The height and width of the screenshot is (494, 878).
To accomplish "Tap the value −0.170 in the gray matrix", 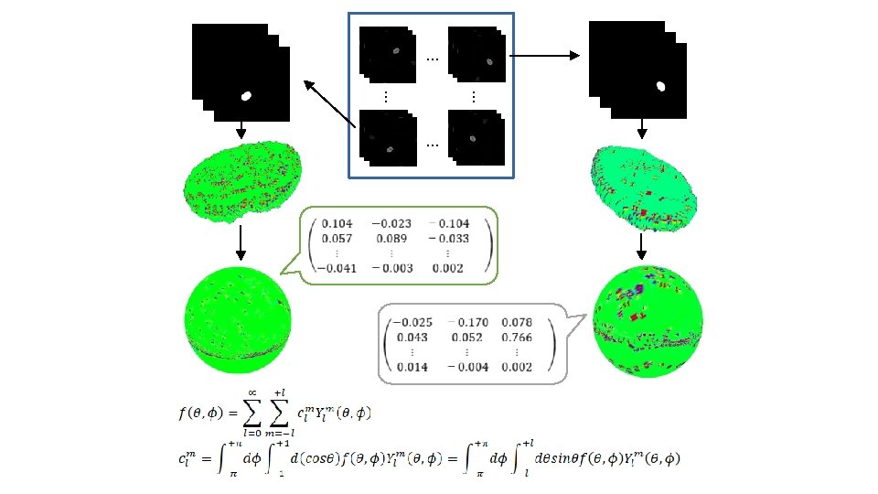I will (x=467, y=322).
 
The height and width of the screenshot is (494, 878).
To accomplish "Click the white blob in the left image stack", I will (x=245, y=95).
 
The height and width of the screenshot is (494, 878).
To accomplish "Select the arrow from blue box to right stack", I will (x=543, y=57).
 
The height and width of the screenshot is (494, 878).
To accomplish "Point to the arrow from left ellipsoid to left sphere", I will (x=240, y=242).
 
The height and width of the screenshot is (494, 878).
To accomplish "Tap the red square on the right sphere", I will (x=633, y=316).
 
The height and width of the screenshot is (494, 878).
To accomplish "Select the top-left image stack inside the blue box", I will (x=387, y=55).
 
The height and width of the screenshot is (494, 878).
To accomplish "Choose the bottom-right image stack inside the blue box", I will (x=475, y=138).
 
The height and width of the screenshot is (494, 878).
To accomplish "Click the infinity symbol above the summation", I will (x=252, y=392).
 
